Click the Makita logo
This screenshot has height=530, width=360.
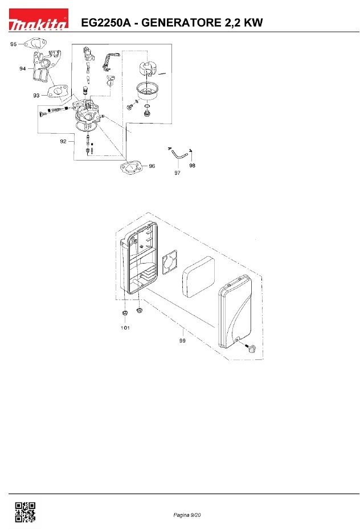pyautogui.click(x=38, y=19)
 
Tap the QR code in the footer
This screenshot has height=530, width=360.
pyautogui.click(x=25, y=512)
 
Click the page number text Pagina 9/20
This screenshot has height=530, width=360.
pyautogui.click(x=187, y=515)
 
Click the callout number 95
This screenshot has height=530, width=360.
pyautogui.click(x=14, y=44)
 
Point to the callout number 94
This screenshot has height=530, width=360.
pyautogui.click(x=23, y=69)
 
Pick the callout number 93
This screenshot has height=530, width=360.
pyautogui.click(x=36, y=96)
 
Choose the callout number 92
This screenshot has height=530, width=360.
pyautogui.click(x=63, y=141)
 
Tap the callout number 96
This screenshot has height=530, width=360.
pyautogui.click(x=152, y=166)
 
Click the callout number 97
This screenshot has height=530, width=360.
pyautogui.click(x=177, y=172)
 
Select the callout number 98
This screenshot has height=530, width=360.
pyautogui.click(x=192, y=165)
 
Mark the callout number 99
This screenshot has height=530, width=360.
pyautogui.click(x=182, y=340)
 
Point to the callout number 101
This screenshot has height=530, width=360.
pyautogui.click(x=125, y=327)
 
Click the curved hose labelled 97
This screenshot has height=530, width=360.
pyautogui.click(x=178, y=155)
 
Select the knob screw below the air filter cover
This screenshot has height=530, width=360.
pyautogui.click(x=251, y=348)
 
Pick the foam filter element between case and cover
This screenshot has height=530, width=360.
pyautogui.click(x=198, y=276)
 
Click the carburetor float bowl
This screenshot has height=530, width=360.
pyautogui.click(x=147, y=91)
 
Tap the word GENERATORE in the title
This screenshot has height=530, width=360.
pyautogui.click(x=181, y=23)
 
